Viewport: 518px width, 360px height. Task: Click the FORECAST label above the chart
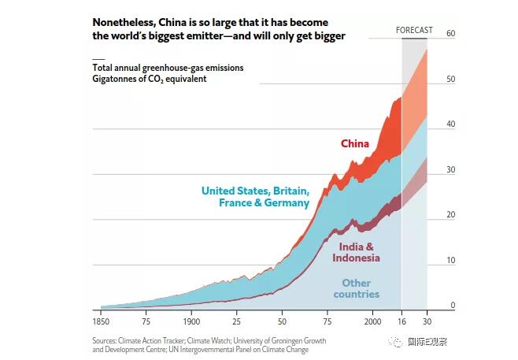coord(413,30)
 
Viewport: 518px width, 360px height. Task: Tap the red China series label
coord(354,143)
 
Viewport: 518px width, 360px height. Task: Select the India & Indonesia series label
coord(356,252)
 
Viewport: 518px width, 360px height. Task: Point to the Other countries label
coord(356,288)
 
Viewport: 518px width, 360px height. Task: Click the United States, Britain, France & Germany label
coord(255,197)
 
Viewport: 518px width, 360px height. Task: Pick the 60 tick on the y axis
coord(451,34)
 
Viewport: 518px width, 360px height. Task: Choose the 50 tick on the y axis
coord(451,80)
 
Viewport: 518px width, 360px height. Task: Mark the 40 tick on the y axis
coord(451,124)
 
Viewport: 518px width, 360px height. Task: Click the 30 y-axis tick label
coord(451,170)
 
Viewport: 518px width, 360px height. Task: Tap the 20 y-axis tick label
coord(451,215)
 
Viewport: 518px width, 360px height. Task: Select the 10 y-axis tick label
coord(451,261)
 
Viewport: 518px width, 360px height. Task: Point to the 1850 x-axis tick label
coord(102,323)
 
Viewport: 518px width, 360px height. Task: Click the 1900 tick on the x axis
coord(192,323)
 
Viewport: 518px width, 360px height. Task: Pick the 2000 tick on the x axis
coord(372,323)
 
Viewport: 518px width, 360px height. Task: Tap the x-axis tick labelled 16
coord(401,323)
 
